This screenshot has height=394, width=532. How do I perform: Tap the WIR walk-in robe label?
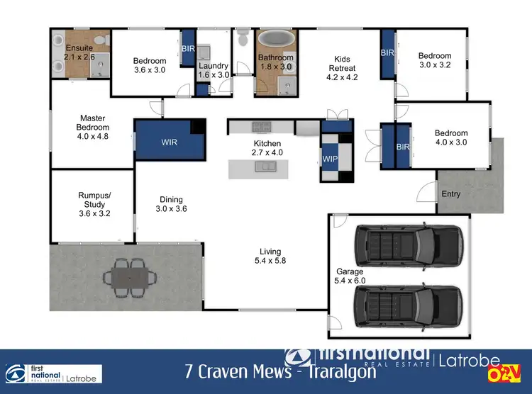170,142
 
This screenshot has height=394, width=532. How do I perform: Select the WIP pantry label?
330,158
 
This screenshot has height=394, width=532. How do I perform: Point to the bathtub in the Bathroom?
275,39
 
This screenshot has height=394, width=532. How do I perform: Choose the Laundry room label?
214,66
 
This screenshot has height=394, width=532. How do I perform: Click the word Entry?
450,193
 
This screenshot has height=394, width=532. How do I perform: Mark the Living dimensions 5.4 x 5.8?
270,261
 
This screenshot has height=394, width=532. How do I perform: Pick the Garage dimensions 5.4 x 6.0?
349,281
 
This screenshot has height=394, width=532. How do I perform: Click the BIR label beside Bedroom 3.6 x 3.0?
189,48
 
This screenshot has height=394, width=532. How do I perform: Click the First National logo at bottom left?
53,373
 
